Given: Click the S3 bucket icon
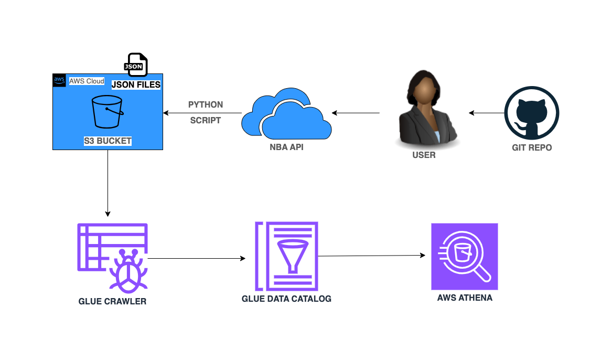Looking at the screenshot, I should tap(108, 111).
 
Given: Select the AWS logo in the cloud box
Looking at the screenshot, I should tap(59, 80).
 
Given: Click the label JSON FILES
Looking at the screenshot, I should tap(136, 84).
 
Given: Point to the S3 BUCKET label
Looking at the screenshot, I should tap(108, 141).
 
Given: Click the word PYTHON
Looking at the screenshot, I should tap(206, 104).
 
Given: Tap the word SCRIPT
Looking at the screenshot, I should tap(206, 120).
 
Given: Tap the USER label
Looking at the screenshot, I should tap(424, 155).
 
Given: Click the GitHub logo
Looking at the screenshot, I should tap(531, 113).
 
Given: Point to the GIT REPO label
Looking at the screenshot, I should tap(532, 147).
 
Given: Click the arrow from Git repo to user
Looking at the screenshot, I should tap(486, 113).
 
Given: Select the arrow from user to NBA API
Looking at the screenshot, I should tap(355, 113).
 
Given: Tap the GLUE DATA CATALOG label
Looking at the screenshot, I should tap(286, 299).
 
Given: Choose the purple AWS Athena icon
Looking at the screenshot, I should tap(464, 256).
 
